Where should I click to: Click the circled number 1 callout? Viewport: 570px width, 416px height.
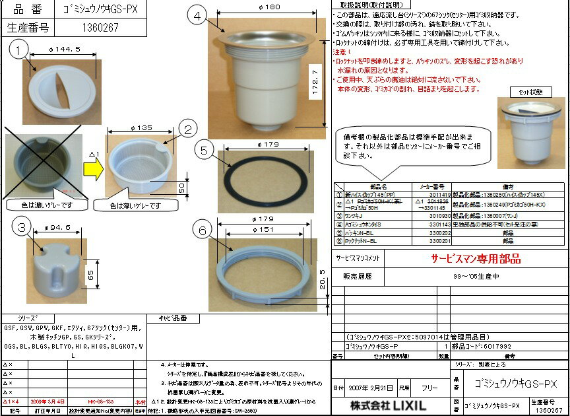point(20,48)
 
